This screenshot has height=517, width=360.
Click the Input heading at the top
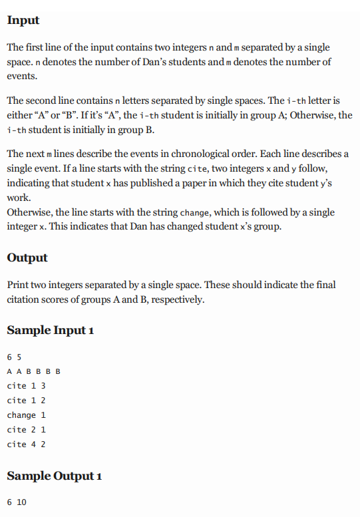pos(23,21)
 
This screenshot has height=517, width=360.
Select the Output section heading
pos(27,258)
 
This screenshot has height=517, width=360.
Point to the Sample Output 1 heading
pos(54,476)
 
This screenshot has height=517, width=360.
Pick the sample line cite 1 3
pos(26,386)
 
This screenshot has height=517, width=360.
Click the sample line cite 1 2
pos(26,401)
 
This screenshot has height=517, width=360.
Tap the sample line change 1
pos(26,415)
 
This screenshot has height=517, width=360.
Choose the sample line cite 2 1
pos(26,430)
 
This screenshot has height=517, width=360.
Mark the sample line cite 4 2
pos(26,444)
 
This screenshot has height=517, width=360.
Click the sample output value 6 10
pos(17,502)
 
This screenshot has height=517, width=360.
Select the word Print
pos(18,285)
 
